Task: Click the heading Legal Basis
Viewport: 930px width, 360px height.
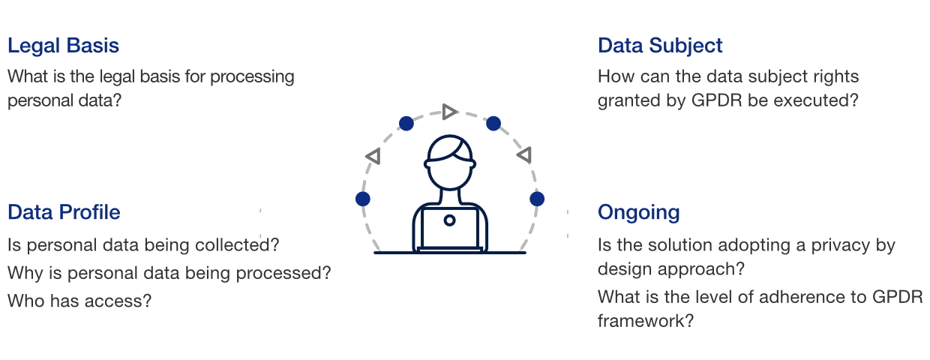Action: [x=63, y=46]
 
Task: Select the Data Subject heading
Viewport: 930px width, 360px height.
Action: [x=660, y=46]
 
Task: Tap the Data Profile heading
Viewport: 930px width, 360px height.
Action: [x=64, y=212]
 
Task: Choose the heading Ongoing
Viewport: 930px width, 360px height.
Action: [x=638, y=212]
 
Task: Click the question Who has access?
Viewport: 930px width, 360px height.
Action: [x=79, y=301]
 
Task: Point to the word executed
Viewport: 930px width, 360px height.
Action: [x=813, y=100]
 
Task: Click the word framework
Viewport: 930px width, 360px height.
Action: [x=644, y=321]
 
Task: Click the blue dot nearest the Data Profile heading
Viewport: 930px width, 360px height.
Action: [x=363, y=199]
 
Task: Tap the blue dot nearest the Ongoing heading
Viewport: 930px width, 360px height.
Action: [x=537, y=199]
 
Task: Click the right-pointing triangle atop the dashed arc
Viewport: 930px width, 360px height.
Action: [x=448, y=112]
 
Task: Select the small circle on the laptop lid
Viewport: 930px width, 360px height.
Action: [x=449, y=220]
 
